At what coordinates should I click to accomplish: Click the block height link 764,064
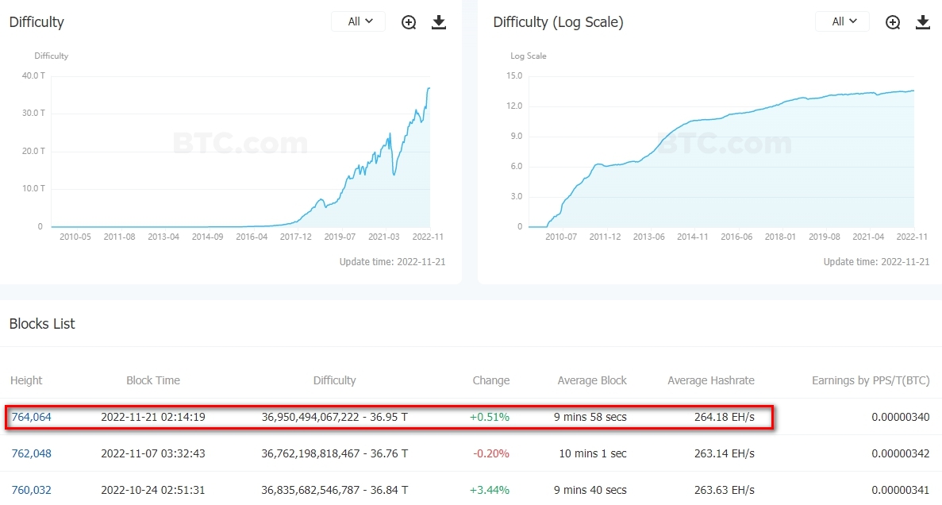(31, 417)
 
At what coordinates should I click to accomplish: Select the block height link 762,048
(31, 453)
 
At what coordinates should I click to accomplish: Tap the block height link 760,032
(31, 490)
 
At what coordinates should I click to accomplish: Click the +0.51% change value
(490, 417)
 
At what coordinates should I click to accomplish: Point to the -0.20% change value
(490, 453)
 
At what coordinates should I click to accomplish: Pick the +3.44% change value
(490, 490)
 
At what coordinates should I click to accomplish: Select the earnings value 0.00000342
(900, 453)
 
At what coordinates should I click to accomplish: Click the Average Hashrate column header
(711, 380)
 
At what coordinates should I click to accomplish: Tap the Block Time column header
(153, 380)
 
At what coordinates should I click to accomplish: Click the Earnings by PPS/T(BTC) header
(871, 380)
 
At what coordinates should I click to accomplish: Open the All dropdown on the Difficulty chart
(358, 21)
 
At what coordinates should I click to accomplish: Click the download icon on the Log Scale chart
(922, 22)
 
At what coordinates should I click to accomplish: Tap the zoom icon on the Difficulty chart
(409, 22)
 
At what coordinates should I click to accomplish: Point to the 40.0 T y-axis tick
(33, 75)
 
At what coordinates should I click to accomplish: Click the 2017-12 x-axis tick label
(296, 237)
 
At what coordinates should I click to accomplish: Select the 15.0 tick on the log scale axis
(513, 75)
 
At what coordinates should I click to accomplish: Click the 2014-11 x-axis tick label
(693, 237)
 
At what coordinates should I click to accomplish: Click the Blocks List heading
(42, 324)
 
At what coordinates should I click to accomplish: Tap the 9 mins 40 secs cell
(592, 490)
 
